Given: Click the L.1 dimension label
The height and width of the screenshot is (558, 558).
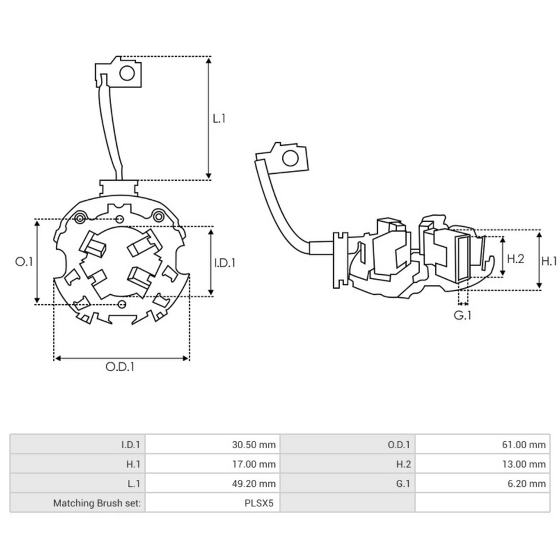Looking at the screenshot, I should (x=219, y=118).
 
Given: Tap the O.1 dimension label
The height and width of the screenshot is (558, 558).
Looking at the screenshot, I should (x=24, y=262).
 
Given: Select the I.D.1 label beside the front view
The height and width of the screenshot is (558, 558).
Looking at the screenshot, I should (x=224, y=263).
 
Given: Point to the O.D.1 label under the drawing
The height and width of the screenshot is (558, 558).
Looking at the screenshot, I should (x=120, y=367).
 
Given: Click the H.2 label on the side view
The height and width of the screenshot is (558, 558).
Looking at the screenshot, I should (x=515, y=258).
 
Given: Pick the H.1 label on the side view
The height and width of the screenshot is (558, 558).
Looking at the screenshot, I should (x=549, y=261).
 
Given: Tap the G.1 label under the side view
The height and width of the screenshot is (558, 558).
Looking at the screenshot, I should (x=463, y=315).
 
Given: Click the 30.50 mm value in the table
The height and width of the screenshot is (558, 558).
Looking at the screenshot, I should (x=253, y=445).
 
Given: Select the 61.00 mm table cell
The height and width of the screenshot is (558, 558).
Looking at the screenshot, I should (x=524, y=445).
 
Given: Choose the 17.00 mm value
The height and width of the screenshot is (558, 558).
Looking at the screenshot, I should (x=254, y=464).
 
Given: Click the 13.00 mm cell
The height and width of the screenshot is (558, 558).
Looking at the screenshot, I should (x=524, y=464).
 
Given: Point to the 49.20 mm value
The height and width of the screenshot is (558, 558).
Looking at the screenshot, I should (x=253, y=483).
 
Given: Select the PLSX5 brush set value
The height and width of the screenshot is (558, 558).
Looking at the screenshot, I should (x=258, y=503).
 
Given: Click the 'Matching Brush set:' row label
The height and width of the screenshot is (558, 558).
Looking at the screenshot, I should (x=97, y=503).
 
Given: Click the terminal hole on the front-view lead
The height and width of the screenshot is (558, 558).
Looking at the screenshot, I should (x=127, y=73).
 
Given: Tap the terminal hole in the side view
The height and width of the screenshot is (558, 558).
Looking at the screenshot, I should (x=290, y=157).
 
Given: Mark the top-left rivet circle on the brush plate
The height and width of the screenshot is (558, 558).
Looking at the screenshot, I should (x=80, y=219).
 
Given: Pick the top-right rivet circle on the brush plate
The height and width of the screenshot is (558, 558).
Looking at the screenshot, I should (x=158, y=216).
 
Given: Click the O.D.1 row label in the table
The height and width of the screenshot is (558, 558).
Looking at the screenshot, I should (x=399, y=445).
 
